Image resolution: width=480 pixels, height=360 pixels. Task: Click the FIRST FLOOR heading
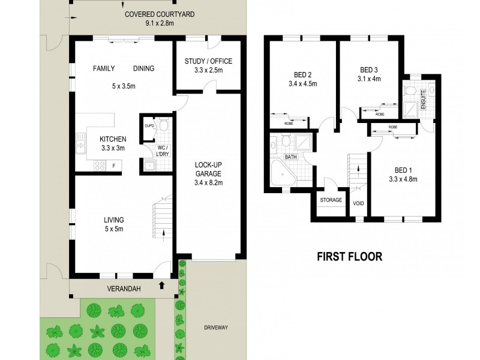tap(349, 257)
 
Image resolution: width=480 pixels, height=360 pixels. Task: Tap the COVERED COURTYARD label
tap(160, 14)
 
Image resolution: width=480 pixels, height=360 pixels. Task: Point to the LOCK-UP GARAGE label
tap(210, 169)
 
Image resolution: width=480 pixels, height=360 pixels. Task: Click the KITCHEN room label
tap(113, 139)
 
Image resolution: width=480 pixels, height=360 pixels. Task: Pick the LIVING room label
tap(113, 220)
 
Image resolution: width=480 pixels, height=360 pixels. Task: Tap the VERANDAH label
tap(124, 289)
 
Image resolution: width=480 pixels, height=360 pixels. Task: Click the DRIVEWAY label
tap(217, 328)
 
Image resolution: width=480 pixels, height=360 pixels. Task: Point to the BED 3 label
tap(369, 70)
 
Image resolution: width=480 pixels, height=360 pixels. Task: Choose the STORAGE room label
tap(331, 200)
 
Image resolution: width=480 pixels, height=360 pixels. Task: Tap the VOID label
tap(359, 203)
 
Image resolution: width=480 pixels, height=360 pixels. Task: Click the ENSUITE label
tap(424, 96)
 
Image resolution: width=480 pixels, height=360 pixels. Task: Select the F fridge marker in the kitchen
tap(97, 164)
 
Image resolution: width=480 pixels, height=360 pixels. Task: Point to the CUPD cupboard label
tap(149, 126)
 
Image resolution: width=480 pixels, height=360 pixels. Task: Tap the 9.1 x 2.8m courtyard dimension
tap(160, 24)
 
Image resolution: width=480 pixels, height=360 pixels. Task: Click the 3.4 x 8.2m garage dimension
tap(210, 182)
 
